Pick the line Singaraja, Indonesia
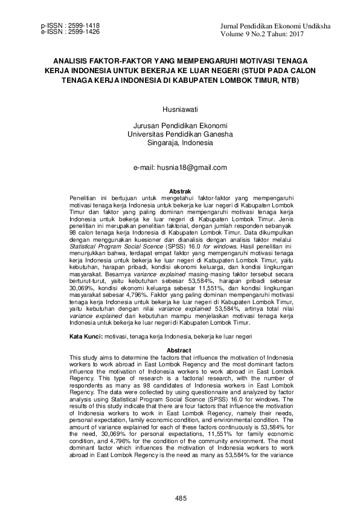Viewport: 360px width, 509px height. (180, 143)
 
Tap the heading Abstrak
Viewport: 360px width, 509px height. (180, 191)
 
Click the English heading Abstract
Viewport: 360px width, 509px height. (180, 351)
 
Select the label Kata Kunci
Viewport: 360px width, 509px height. (86, 335)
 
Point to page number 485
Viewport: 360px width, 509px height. (180, 498)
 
